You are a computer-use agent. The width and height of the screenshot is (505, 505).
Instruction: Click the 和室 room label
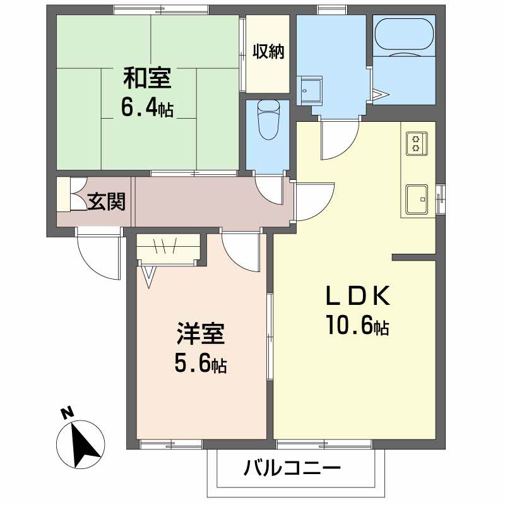click(x=147, y=78)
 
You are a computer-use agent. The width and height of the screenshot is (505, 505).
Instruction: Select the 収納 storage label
click(x=268, y=52)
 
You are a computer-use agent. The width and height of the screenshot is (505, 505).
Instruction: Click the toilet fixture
click(x=268, y=119)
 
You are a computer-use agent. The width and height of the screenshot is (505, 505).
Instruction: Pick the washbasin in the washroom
click(x=309, y=91)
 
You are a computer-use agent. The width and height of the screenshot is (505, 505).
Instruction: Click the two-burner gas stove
click(x=417, y=144)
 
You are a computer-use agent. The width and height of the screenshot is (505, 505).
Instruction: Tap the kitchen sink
click(x=417, y=199)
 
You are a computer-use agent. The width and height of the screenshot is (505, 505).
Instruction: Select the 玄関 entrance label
click(x=106, y=201)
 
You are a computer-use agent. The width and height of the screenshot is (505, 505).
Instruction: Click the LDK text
click(x=358, y=296)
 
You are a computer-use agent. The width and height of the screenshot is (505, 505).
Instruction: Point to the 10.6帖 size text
click(x=357, y=324)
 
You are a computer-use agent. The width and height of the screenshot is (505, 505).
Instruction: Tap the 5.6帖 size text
click(x=200, y=363)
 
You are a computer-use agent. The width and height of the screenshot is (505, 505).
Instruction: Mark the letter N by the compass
click(x=67, y=413)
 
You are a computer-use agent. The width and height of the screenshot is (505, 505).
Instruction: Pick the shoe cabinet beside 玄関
click(x=63, y=194)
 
